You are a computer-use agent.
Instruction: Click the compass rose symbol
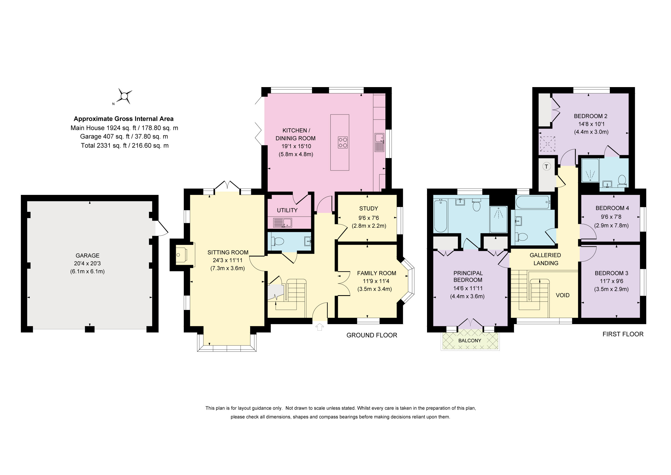(x=125, y=96)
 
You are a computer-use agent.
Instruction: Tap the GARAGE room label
(x=87, y=255)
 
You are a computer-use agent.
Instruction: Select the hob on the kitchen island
(x=343, y=142)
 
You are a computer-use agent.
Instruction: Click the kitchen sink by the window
(x=379, y=142)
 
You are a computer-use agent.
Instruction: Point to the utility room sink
(x=282, y=223)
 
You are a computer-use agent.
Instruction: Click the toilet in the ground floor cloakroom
(x=277, y=241)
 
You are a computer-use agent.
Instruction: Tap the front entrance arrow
(x=320, y=327)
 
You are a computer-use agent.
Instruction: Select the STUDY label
(x=369, y=208)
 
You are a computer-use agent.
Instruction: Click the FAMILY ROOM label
(x=376, y=273)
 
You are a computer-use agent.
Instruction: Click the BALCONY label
(x=470, y=340)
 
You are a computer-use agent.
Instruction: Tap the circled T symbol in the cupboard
(x=546, y=166)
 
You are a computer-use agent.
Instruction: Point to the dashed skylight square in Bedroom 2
(x=547, y=144)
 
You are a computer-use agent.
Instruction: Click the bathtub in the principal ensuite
(x=441, y=216)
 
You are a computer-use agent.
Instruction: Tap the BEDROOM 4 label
(x=612, y=208)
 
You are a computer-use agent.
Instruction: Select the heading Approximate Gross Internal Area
(x=124, y=119)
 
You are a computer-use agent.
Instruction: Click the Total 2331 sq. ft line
(x=125, y=145)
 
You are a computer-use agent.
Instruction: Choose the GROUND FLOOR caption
(x=372, y=335)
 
